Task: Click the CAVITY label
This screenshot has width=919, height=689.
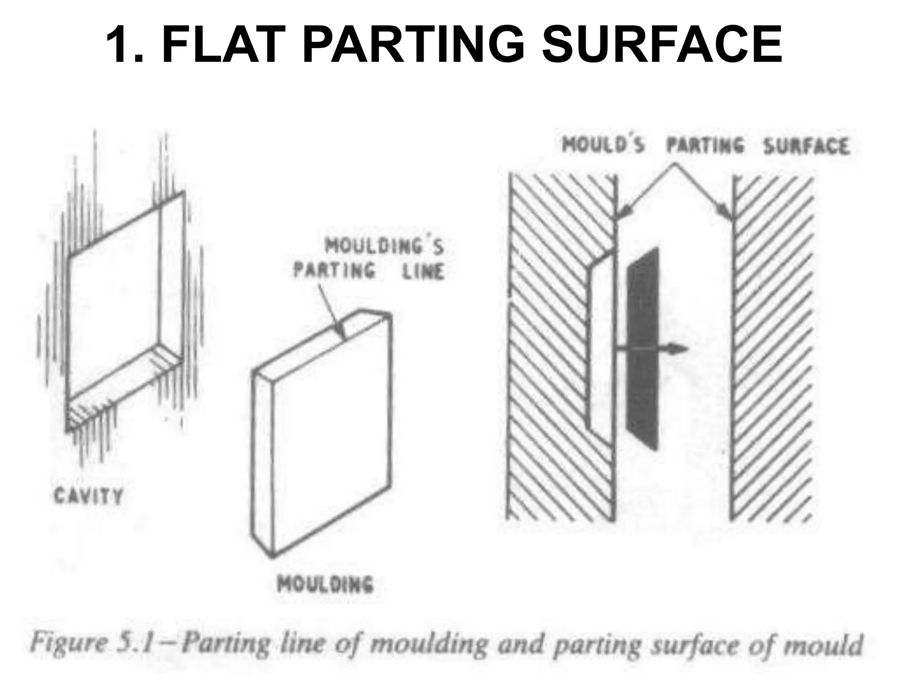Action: pyautogui.click(x=88, y=497)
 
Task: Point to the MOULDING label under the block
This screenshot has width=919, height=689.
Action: pyautogui.click(x=325, y=584)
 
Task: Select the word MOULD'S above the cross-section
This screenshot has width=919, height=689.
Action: pyautogui.click(x=604, y=146)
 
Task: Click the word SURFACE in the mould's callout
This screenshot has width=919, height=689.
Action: pyautogui.click(x=806, y=147)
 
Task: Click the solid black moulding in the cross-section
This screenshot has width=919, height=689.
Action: pyautogui.click(x=643, y=350)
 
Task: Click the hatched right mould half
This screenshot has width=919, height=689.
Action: pyautogui.click(x=772, y=350)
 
